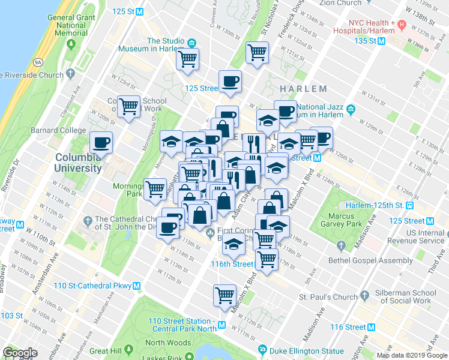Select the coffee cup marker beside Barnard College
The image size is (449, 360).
(x=101, y=143)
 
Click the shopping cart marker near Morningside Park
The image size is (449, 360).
(x=155, y=189)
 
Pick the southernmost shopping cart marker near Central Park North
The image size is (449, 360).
(x=224, y=295)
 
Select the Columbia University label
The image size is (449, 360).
(x=78, y=163)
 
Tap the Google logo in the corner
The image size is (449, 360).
(x=20, y=352)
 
